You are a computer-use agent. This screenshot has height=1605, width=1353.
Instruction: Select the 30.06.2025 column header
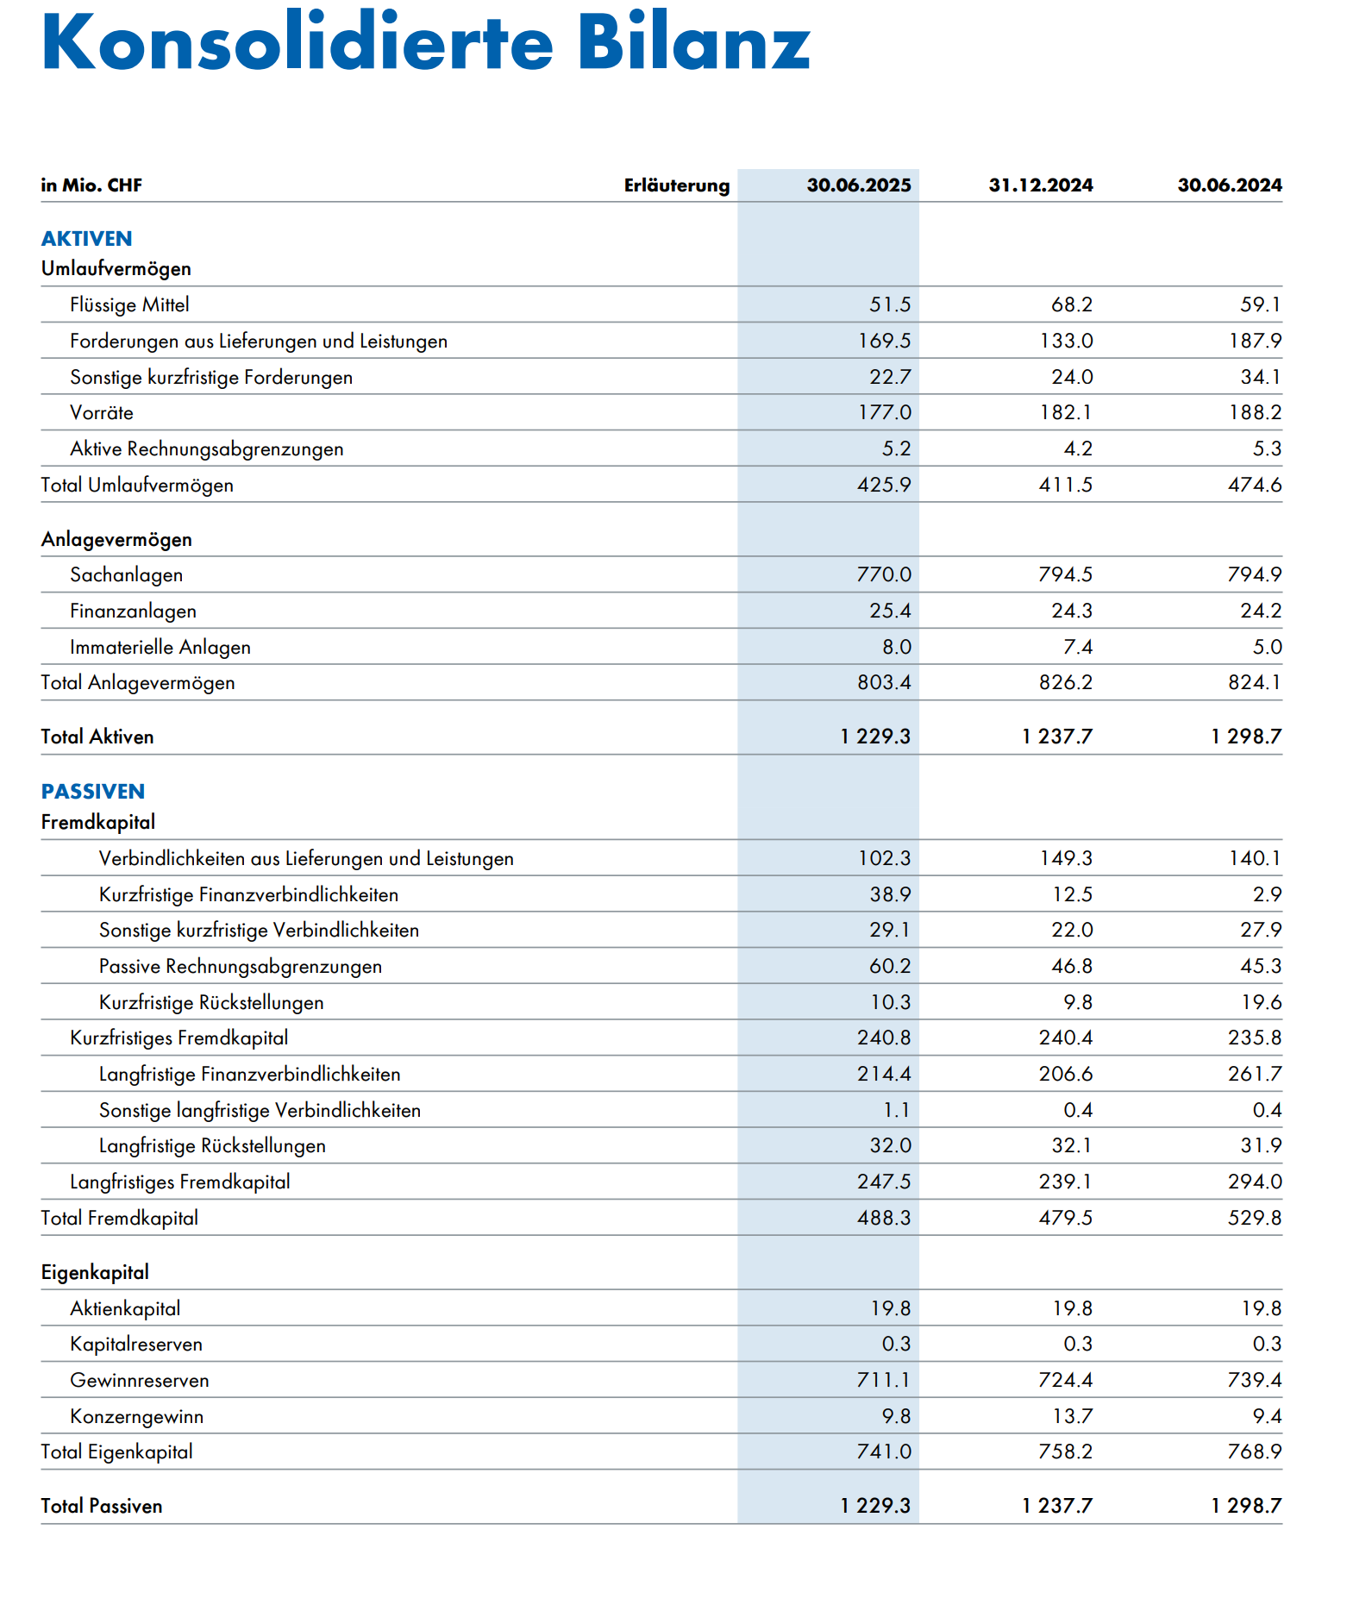click(x=858, y=185)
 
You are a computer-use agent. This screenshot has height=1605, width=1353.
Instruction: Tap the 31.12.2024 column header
click(x=1040, y=185)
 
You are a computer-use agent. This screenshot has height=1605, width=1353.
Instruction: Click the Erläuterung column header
click(x=676, y=185)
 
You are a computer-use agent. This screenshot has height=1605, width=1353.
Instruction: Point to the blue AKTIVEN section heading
click(x=86, y=239)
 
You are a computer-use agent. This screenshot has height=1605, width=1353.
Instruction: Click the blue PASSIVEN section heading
click(x=92, y=792)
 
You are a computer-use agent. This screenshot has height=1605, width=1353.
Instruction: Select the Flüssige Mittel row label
click(x=129, y=305)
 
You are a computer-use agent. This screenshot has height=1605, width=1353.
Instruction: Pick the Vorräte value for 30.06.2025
click(x=884, y=413)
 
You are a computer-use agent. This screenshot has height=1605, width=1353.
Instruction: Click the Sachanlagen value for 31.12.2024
click(x=1065, y=574)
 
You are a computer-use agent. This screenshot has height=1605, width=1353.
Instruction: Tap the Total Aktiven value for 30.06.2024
click(x=1246, y=737)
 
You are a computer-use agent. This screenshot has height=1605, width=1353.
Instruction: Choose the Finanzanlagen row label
click(x=133, y=611)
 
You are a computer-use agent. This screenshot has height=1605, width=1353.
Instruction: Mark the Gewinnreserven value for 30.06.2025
click(x=884, y=1380)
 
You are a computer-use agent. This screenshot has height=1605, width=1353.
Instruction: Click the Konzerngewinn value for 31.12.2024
click(x=1072, y=1416)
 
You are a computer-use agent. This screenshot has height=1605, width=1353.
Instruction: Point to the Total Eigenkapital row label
click(x=116, y=1452)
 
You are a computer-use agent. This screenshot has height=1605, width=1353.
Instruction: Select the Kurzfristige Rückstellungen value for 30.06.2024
click(x=1261, y=1002)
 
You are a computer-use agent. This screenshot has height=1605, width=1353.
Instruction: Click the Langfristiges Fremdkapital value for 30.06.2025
click(x=884, y=1182)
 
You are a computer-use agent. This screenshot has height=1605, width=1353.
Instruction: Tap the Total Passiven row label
click(x=101, y=1506)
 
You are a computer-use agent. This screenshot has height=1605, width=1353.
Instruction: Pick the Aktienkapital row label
click(x=125, y=1308)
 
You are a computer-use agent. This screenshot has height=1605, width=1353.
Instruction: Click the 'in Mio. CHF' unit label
click(x=91, y=185)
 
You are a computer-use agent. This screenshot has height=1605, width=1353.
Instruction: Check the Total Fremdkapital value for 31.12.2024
click(x=1065, y=1218)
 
